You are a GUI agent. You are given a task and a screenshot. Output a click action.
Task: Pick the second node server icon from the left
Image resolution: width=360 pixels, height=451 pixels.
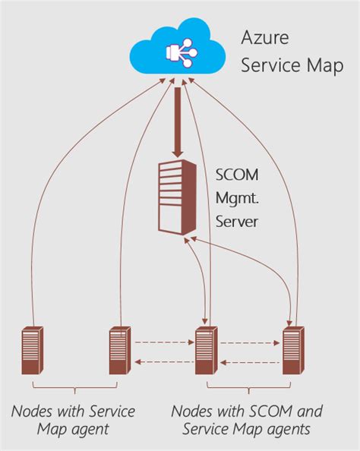point(119,350)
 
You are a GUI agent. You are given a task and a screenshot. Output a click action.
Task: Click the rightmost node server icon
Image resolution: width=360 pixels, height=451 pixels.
point(292,350)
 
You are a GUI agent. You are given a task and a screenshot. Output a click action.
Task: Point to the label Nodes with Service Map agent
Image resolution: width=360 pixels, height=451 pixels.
point(74,420)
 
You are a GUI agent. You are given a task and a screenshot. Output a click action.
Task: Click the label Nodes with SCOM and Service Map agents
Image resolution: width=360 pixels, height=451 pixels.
point(247,420)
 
